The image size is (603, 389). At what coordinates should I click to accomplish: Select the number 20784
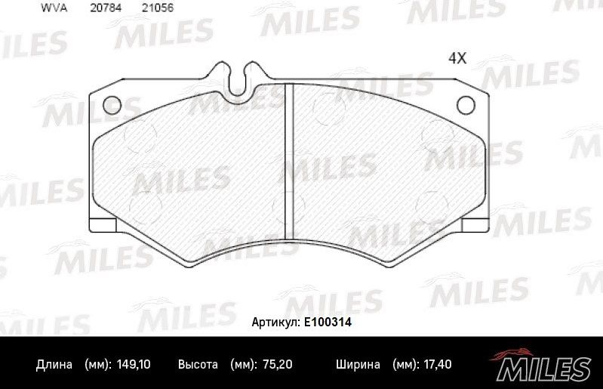(105, 8)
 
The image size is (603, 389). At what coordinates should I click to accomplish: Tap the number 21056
(155, 8)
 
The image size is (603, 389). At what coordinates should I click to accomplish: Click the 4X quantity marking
(459, 57)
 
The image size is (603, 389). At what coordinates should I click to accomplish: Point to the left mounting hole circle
(112, 105)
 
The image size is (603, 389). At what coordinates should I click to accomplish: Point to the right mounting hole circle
(466, 105)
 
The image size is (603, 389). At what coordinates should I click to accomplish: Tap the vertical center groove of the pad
(288, 162)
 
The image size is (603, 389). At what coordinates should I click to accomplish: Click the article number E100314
(328, 323)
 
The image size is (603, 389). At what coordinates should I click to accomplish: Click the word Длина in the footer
(54, 365)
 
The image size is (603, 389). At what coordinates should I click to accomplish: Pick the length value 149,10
(135, 365)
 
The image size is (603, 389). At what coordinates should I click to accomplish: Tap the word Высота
(198, 365)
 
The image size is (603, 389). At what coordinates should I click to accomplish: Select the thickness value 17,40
(436, 365)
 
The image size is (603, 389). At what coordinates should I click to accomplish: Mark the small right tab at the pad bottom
(473, 225)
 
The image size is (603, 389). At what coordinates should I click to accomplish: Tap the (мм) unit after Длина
(97, 365)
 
